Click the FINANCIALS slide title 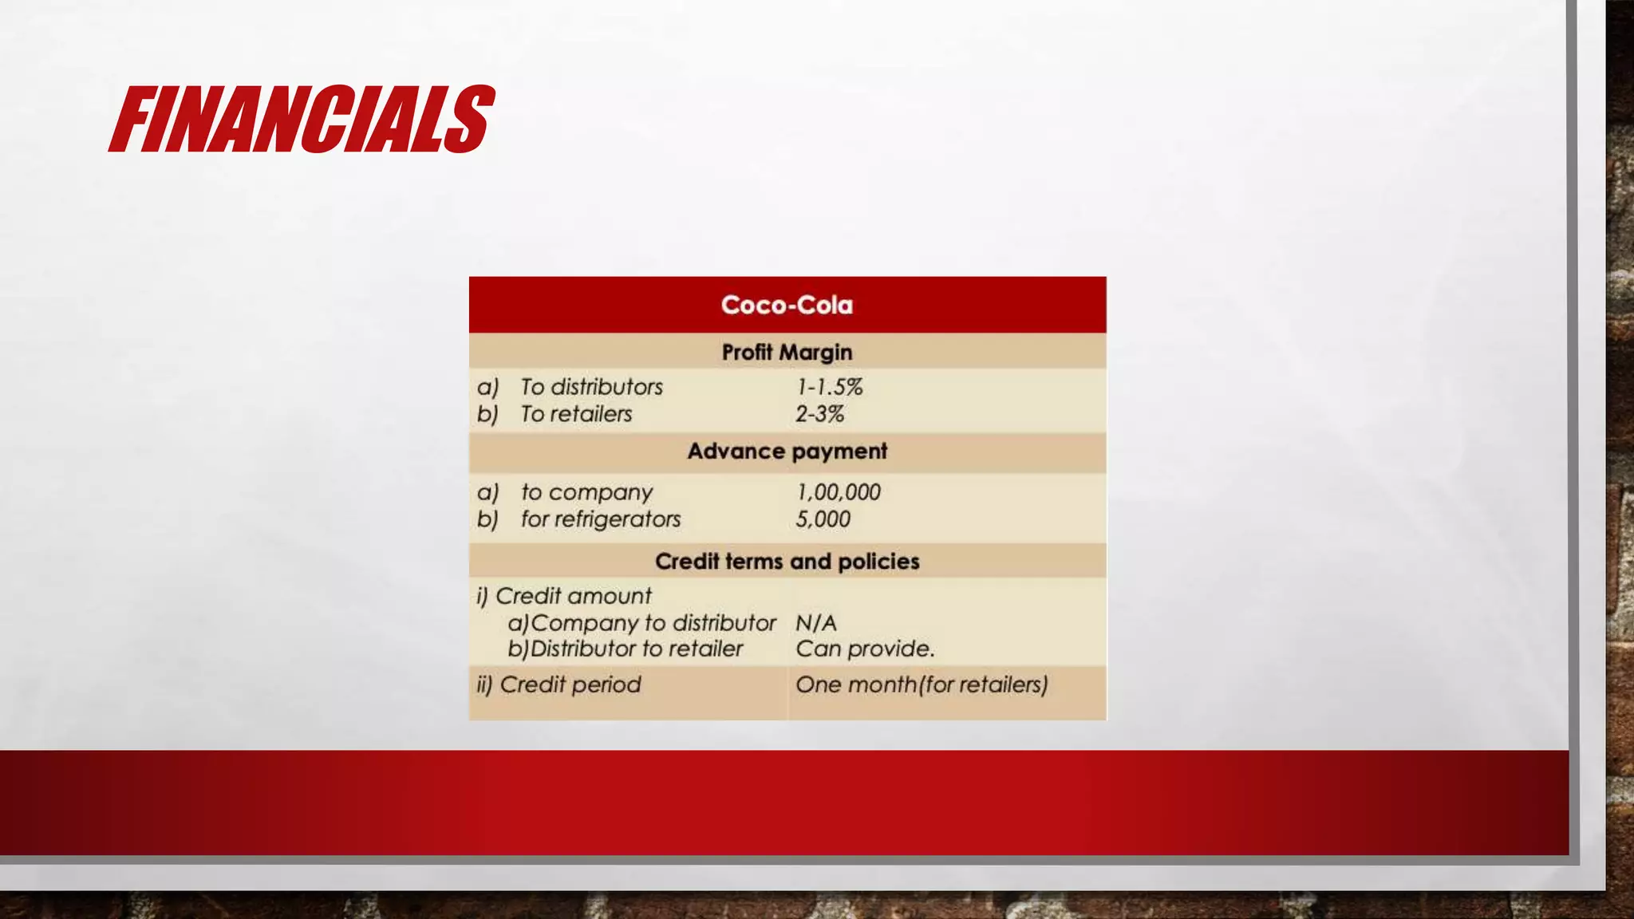click(302, 120)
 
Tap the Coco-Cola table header click(787, 305)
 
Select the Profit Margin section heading click(787, 352)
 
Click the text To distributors click(591, 387)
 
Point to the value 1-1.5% click(829, 387)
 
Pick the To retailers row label click(575, 414)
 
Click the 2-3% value click(819, 414)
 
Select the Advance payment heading click(787, 451)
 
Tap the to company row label click(586, 492)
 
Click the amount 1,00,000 click(838, 492)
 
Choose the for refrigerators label click(600, 519)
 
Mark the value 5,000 click(823, 519)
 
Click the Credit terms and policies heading click(787, 561)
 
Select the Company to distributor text click(652, 623)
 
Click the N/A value click(815, 623)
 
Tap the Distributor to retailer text click(635, 649)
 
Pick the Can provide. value click(864, 649)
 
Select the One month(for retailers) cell click(922, 684)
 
